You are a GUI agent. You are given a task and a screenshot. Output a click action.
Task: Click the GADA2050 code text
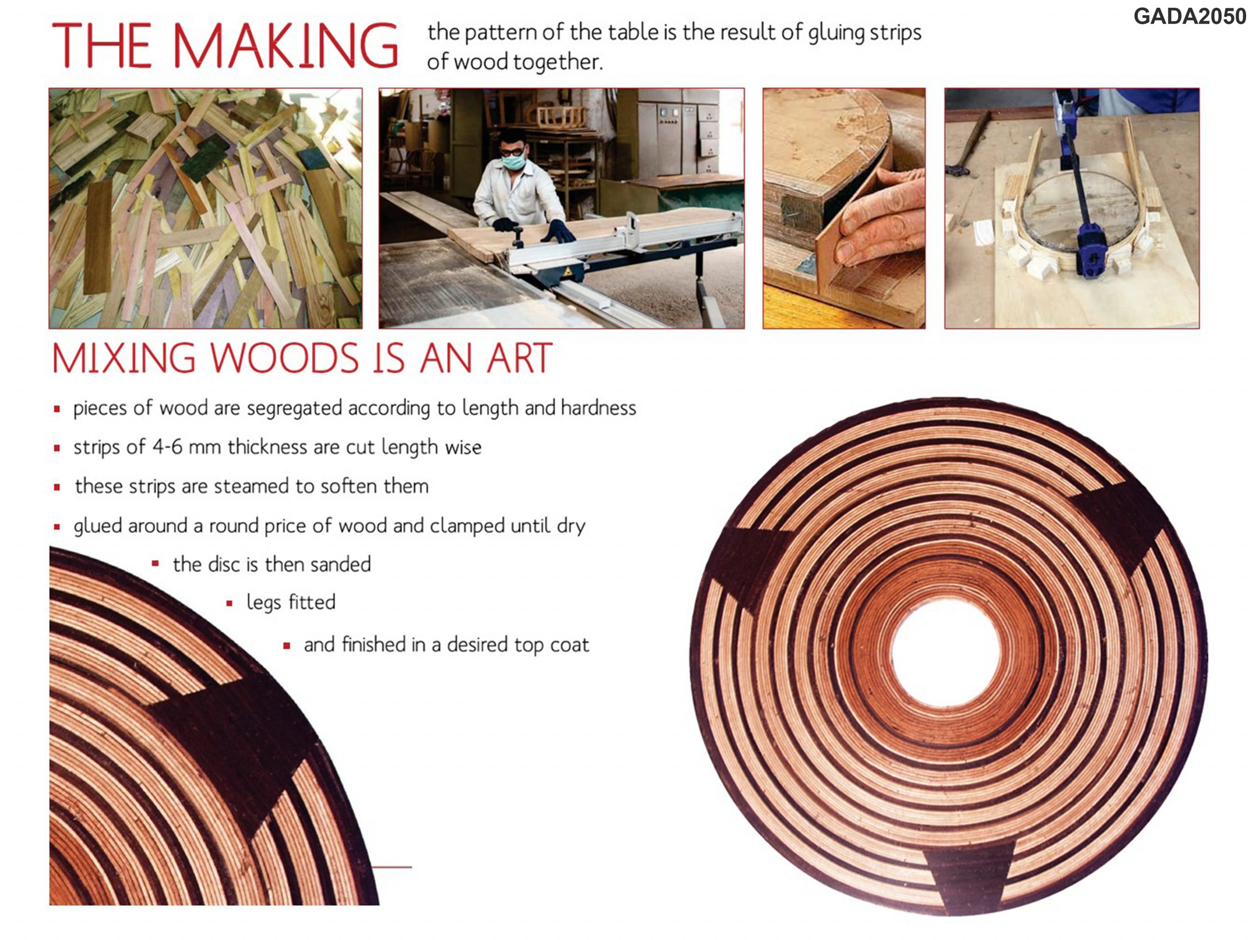tap(1189, 17)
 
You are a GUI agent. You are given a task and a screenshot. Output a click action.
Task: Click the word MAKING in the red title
tap(285, 46)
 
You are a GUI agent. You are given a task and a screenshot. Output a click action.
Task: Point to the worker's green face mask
tap(514, 162)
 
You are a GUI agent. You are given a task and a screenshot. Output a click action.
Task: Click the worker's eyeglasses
tap(512, 151)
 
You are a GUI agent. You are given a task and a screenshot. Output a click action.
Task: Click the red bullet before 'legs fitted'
tap(230, 604)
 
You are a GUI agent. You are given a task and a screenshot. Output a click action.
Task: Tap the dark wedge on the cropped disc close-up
tap(235, 748)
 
